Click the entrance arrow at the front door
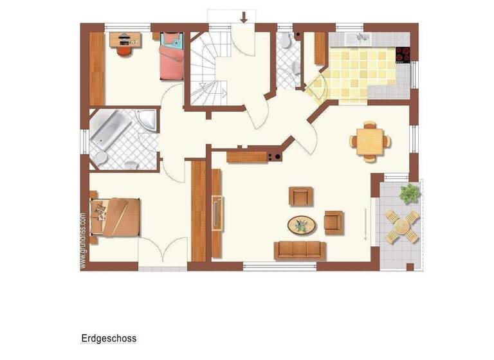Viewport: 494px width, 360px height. pos(243,17)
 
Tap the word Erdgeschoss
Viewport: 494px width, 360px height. pos(109,337)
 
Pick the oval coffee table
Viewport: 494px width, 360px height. pos(301,225)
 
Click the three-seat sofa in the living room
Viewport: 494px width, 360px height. pos(300,249)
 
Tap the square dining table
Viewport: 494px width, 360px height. pos(369,140)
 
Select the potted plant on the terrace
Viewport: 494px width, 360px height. pos(409,192)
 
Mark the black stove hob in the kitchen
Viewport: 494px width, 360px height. pos(403,55)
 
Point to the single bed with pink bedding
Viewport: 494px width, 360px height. pos(171,57)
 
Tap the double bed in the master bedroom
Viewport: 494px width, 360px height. pos(116,217)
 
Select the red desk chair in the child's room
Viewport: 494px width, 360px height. pos(124,50)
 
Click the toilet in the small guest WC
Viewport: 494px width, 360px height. pos(285,41)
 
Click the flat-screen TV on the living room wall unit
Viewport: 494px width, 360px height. pos(217,212)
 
